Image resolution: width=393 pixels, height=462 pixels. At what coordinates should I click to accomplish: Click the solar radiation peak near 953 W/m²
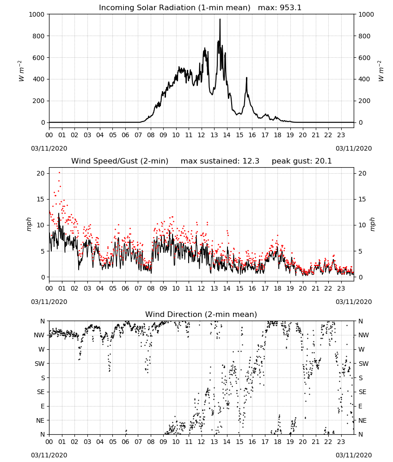220,19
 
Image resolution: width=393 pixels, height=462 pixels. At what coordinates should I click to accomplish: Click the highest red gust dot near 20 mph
59,173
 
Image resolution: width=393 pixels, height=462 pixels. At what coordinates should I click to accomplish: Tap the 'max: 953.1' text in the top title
280,8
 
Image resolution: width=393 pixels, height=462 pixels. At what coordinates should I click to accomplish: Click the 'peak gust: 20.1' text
301,161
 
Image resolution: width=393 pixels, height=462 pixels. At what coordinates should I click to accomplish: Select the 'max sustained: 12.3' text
220,161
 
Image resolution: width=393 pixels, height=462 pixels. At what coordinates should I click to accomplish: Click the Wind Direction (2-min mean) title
201,314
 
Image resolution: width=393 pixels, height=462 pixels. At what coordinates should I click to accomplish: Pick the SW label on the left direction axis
39,364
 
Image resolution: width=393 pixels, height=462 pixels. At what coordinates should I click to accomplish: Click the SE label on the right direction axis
362,392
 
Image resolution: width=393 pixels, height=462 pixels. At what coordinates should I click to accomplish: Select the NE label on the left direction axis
40,420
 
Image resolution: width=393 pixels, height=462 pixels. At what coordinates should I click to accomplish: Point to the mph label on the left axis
29,224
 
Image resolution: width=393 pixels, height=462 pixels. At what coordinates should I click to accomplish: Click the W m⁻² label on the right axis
381,71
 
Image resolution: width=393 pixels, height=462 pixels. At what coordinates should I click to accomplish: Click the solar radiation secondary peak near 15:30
246,78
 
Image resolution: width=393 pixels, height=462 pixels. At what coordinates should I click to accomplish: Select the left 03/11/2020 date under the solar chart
49,148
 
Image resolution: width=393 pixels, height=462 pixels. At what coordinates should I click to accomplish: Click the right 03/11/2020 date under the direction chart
354,455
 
